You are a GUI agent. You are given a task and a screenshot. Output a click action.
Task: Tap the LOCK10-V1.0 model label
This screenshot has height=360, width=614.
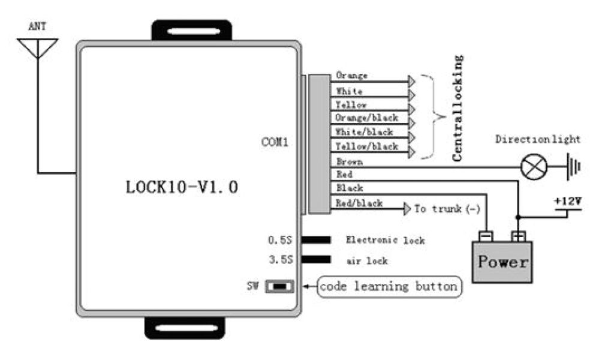click(x=182, y=187)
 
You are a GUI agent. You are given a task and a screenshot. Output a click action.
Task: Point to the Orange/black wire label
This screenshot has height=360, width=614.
click(x=366, y=118)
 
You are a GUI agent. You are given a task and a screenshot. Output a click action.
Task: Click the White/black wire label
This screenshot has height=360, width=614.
click(x=365, y=132)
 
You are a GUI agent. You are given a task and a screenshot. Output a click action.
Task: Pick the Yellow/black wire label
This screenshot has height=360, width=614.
click(x=366, y=146)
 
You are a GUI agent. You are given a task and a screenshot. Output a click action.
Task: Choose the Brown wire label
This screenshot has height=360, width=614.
click(x=349, y=161)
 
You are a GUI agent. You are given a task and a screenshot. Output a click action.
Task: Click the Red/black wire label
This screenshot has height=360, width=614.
click(x=359, y=203)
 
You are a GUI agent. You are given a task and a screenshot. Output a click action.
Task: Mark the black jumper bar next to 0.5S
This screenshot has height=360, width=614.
click(x=316, y=240)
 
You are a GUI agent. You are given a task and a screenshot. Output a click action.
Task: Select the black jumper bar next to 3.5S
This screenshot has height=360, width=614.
click(x=316, y=260)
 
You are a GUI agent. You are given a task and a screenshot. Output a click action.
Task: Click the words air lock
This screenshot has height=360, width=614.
click(x=368, y=261)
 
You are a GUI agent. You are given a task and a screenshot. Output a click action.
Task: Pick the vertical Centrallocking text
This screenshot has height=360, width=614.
click(x=458, y=108)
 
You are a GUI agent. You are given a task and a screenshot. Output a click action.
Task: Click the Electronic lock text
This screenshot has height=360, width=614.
click(x=385, y=241)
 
